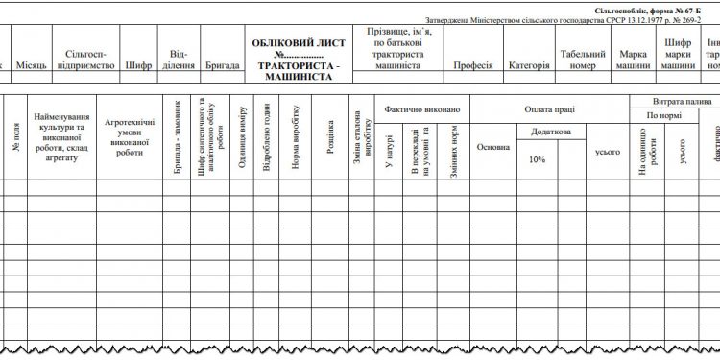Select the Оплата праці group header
coord(550,109)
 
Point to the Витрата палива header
coord(677,100)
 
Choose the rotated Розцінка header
coord(329,134)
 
